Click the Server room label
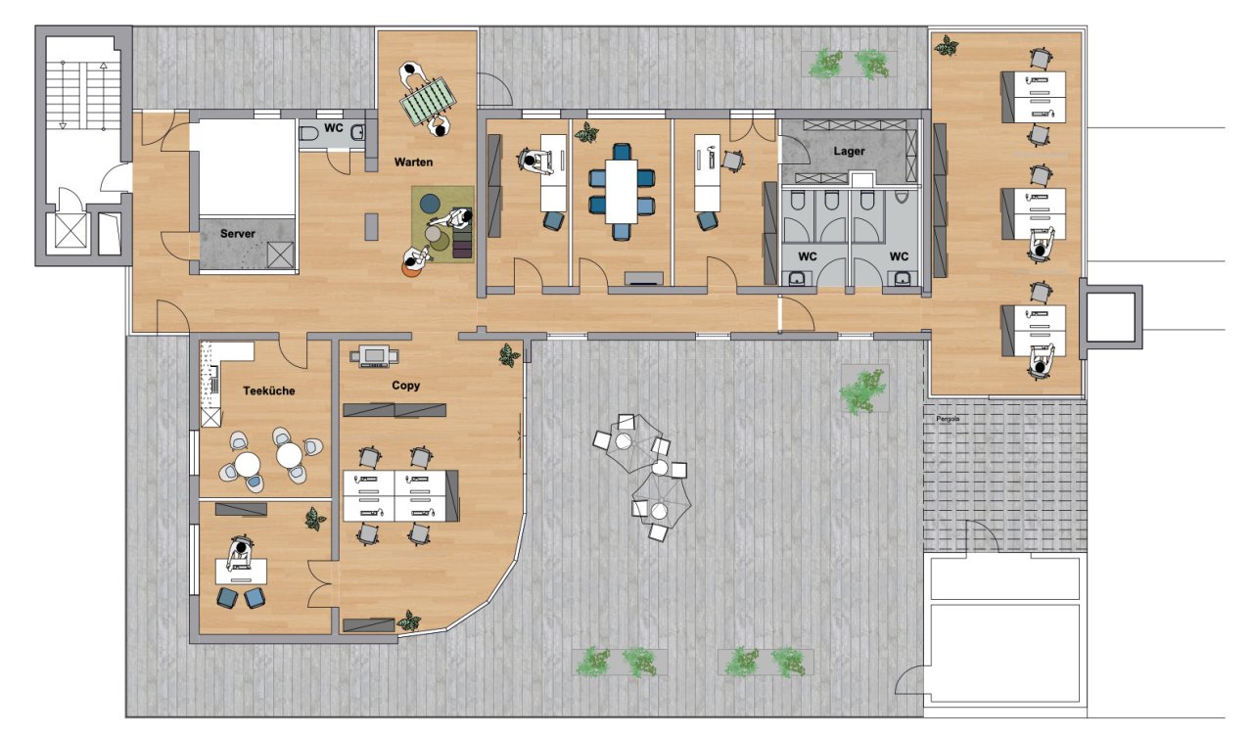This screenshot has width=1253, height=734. coord(237,234)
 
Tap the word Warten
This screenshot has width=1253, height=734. coord(413,162)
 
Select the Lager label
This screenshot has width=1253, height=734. coord(849,151)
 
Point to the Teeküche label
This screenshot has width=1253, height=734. coord(269,391)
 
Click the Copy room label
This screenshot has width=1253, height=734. coord(405,386)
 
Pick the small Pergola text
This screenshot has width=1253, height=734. coord(949,419)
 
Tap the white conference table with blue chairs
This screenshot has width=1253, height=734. coord(621,192)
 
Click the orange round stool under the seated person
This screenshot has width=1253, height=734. coord(409,271)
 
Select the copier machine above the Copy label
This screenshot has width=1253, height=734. coord(374,356)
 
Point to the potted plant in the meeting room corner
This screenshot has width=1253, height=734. coord(587,132)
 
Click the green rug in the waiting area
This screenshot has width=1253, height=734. coord(442,224)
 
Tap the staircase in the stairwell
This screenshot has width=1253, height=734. coord(83,95)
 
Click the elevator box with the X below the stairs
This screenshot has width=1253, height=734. coord(71,230)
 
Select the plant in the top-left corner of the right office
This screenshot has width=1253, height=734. coord(946,46)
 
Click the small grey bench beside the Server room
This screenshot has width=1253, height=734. coord(371,227)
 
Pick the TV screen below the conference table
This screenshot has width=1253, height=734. coord(644,278)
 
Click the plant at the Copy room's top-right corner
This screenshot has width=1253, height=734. coord(509,355)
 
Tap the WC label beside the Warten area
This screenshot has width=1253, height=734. coord(334,128)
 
